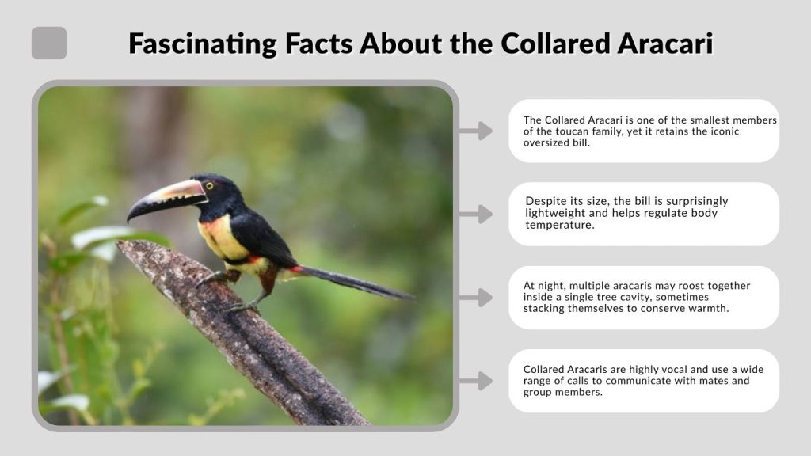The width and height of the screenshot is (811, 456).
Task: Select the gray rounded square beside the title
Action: point(49,43)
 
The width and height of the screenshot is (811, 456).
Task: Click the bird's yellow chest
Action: point(222,237)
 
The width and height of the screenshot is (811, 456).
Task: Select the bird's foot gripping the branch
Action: point(238,306)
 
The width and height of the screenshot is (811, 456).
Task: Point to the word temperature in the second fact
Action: point(559,226)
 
